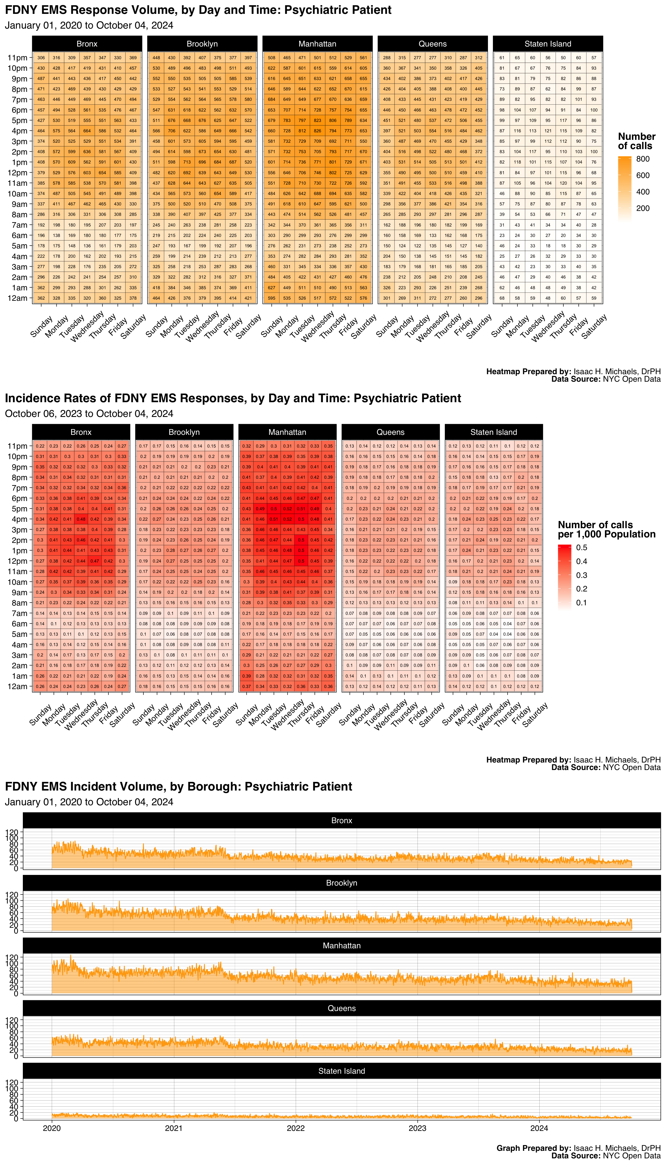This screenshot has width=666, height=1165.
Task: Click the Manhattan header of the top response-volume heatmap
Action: pyautogui.click(x=317, y=44)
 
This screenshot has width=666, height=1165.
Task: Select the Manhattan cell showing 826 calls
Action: pyautogui.click(x=317, y=131)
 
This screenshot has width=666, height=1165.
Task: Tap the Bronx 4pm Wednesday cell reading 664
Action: pyautogui.click(x=87, y=131)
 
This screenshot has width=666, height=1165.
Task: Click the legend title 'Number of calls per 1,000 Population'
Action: pyautogui.click(x=606, y=529)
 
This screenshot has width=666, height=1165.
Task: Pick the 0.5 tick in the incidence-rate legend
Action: pyautogui.click(x=581, y=547)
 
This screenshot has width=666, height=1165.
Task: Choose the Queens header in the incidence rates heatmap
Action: pyautogui.click(x=390, y=432)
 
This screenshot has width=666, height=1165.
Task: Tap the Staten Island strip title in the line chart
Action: pyautogui.click(x=342, y=1071)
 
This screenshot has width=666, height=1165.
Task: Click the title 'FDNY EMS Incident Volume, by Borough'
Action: pyautogui.click(x=178, y=786)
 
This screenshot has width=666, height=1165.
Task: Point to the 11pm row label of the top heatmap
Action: pyautogui.click(x=17, y=57)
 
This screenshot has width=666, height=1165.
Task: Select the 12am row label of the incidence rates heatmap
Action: pyautogui.click(x=17, y=686)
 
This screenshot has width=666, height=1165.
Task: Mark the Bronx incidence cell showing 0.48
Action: pyautogui.click(x=81, y=519)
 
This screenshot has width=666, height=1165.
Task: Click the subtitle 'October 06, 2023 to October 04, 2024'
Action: pyautogui.click(x=89, y=414)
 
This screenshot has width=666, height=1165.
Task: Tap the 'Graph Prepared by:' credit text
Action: pyautogui.click(x=533, y=1148)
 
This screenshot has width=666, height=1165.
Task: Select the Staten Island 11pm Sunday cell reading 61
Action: pyautogui.click(x=502, y=57)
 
